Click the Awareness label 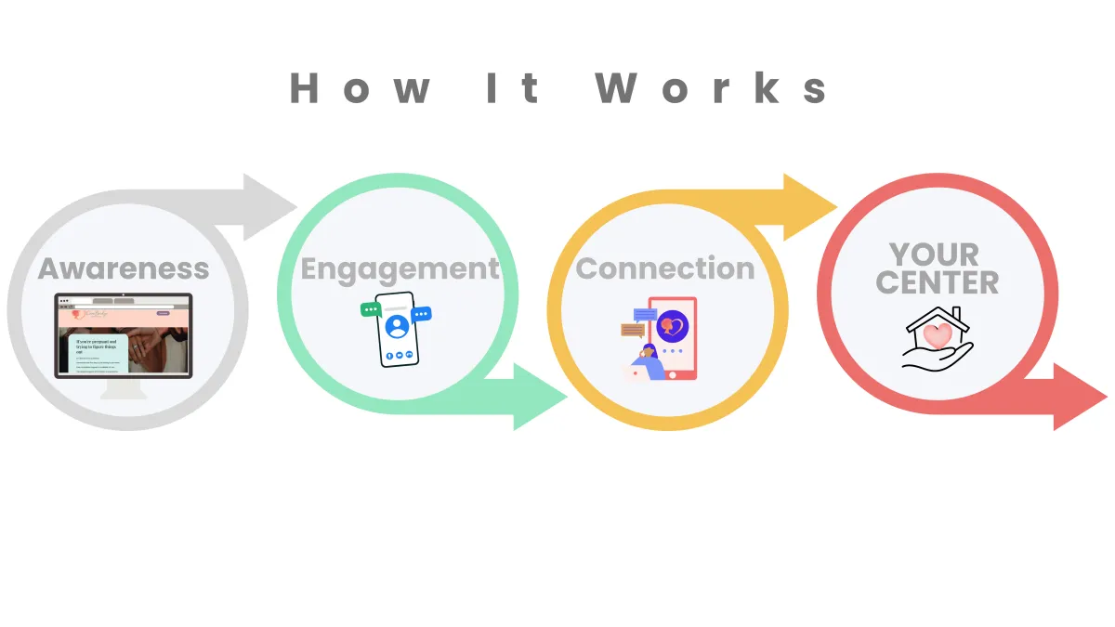click(x=124, y=268)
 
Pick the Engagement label click(x=400, y=269)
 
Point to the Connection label click(x=665, y=268)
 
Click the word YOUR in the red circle click(x=934, y=254)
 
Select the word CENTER click(x=937, y=282)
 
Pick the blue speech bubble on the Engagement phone click(x=423, y=315)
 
